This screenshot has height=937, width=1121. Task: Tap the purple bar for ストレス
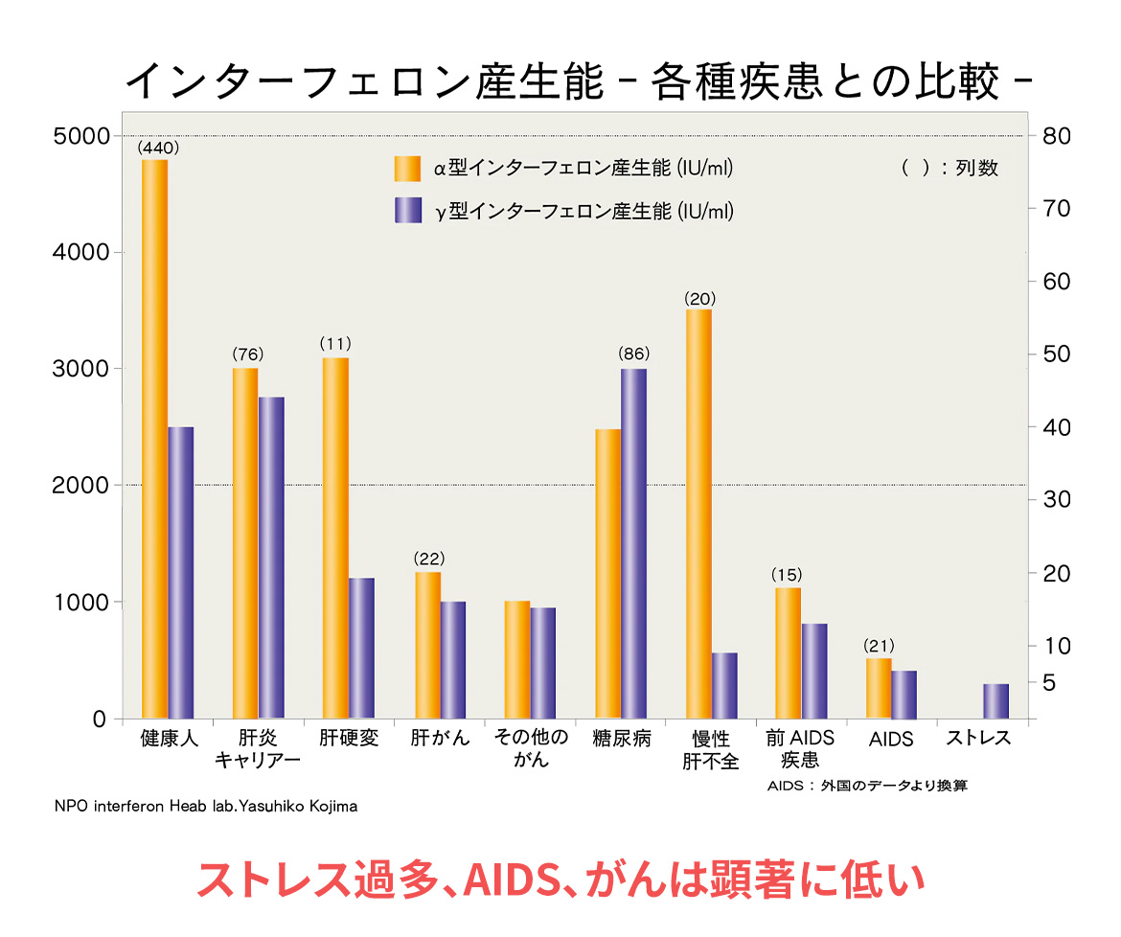[x=995, y=700]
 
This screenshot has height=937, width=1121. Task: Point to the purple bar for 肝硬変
[x=361, y=648]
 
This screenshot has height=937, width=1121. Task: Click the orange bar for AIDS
[x=879, y=688]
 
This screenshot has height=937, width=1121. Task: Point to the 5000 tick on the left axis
[x=83, y=136]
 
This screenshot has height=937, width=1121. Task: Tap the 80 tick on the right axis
[x=1056, y=135]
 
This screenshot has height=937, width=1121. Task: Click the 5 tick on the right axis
[x=1049, y=682]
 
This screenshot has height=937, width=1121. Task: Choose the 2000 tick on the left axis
[x=83, y=486]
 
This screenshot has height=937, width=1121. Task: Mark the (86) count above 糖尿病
[x=634, y=354]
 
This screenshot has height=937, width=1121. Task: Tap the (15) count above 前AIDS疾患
[x=787, y=575]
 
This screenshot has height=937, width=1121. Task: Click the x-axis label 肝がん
[x=440, y=739]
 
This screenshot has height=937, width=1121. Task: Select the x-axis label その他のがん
[x=531, y=748]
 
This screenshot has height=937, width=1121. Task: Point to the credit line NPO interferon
[x=206, y=807]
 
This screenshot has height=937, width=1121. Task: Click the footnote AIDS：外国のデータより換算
[x=867, y=787]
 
